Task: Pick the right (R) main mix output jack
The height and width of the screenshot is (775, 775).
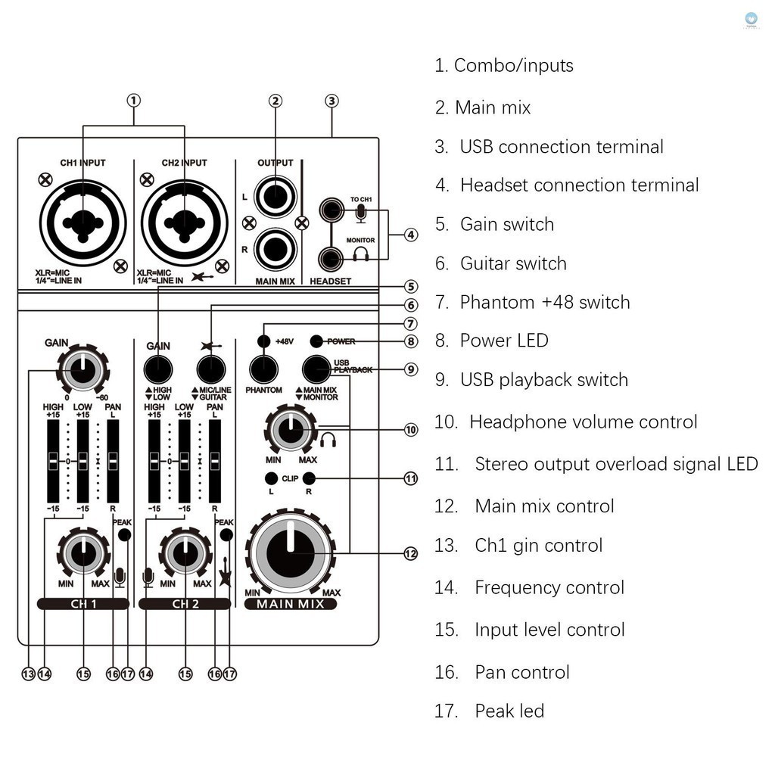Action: (x=275, y=248)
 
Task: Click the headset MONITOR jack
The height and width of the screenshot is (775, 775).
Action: (x=331, y=259)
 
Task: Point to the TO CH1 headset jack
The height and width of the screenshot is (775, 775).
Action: (x=331, y=209)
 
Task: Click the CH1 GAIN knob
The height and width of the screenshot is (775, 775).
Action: (x=82, y=369)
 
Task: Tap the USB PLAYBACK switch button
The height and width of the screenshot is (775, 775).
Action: (x=316, y=369)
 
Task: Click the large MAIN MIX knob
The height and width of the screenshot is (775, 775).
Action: (x=290, y=553)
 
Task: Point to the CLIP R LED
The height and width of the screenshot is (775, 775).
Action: (x=309, y=478)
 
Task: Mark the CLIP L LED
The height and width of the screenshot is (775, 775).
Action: (x=270, y=478)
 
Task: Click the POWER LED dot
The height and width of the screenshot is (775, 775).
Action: (x=316, y=341)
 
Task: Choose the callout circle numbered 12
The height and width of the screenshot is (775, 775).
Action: (x=410, y=554)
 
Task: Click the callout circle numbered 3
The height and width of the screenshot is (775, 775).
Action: (x=331, y=101)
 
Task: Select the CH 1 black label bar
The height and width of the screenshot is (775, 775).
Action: (x=82, y=604)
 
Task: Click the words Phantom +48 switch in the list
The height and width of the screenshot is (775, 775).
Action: (x=545, y=303)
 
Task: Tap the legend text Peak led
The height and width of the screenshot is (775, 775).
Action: (x=509, y=711)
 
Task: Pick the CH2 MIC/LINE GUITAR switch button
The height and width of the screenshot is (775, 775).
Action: (x=210, y=369)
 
